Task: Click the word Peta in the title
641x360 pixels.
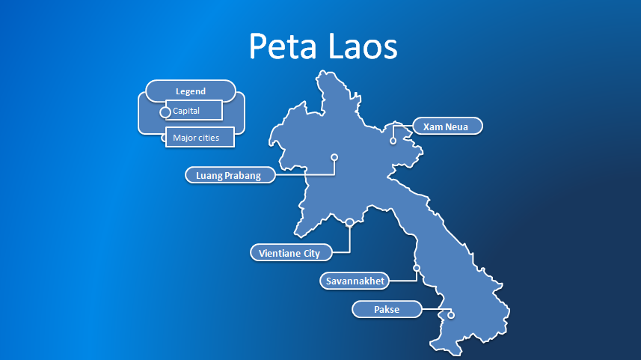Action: [283, 46]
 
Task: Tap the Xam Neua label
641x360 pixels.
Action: [446, 126]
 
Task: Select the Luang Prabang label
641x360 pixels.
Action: [228, 175]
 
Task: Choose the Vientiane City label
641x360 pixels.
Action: [289, 253]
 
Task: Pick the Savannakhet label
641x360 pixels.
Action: [355, 281]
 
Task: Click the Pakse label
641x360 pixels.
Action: [387, 309]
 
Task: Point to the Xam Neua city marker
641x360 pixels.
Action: [393, 140]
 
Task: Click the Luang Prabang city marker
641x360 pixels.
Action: [334, 157]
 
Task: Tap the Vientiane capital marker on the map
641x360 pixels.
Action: [349, 222]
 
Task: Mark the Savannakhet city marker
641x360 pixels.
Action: [417, 268]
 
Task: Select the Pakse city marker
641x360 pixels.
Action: [451, 315]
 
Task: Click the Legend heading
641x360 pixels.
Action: [191, 91]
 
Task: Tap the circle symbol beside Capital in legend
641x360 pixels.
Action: [165, 112]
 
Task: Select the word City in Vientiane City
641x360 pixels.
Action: [311, 253]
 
